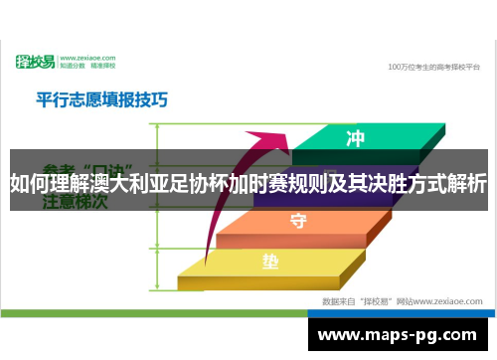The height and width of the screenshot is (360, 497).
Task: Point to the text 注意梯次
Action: (x=75, y=202)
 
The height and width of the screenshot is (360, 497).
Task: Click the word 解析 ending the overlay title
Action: (x=466, y=184)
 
